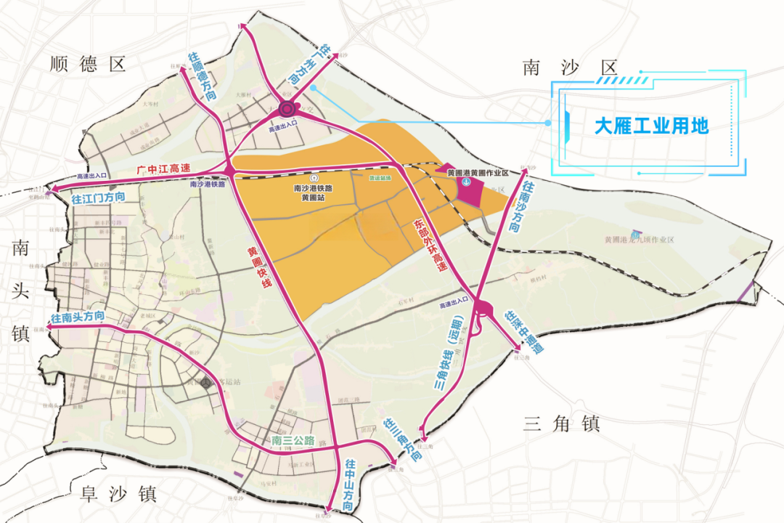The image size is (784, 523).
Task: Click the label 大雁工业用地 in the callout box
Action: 651,126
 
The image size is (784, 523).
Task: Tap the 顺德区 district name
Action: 89,64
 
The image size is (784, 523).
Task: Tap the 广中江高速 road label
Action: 164,169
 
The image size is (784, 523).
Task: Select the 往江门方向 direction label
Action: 99,198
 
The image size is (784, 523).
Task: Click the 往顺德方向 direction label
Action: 203,76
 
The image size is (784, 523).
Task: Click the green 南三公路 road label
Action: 293,441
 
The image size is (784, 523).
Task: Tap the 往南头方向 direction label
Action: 78,317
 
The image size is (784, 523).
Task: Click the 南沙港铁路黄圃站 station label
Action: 313,191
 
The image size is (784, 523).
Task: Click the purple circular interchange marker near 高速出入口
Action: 287,110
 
